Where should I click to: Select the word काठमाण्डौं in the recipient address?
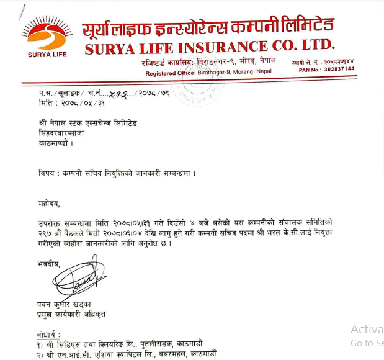(55, 143)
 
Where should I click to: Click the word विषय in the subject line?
(47, 172)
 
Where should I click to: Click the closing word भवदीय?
(49, 263)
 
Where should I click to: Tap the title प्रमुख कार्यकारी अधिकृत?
(71, 314)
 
